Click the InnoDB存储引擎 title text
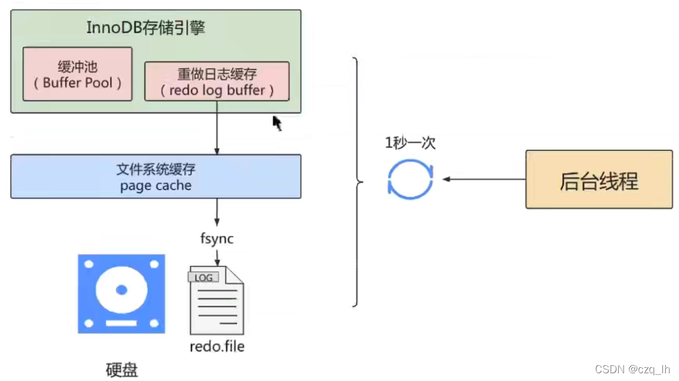point(146,28)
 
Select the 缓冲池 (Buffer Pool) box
point(78,75)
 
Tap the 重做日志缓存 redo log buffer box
point(217,81)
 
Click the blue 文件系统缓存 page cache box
point(156,177)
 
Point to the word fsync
point(217,239)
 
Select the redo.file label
point(217,347)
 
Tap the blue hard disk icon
point(121,293)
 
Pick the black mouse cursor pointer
point(277,123)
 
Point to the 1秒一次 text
point(410,144)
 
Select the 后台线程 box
point(598,180)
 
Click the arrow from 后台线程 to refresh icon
point(483,179)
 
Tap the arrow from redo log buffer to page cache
point(217,128)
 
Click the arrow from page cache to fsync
point(217,213)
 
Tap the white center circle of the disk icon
point(121,290)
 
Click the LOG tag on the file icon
point(203,278)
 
